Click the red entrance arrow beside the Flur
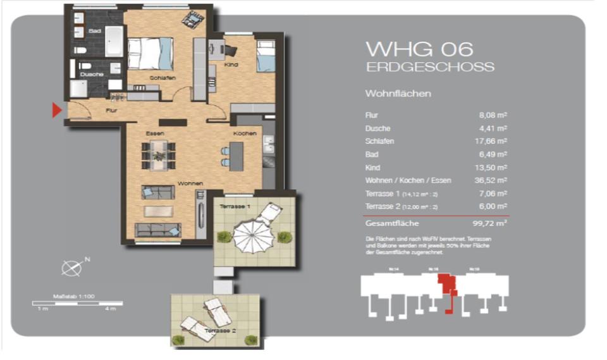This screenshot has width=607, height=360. (x=56, y=111)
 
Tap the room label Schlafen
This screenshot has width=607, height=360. (x=162, y=78)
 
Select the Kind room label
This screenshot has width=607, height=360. (x=231, y=65)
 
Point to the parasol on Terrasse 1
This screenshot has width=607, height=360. (x=252, y=236)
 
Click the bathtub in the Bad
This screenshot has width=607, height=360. (x=115, y=40)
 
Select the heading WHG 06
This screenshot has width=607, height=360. (x=420, y=49)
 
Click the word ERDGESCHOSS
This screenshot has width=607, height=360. (x=430, y=67)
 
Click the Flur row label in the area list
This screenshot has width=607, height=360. (x=371, y=115)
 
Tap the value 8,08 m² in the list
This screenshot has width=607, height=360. (x=494, y=115)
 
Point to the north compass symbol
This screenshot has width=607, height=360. (x=71, y=268)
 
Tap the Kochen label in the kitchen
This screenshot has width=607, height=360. (x=244, y=134)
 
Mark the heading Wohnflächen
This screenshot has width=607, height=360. (x=398, y=94)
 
